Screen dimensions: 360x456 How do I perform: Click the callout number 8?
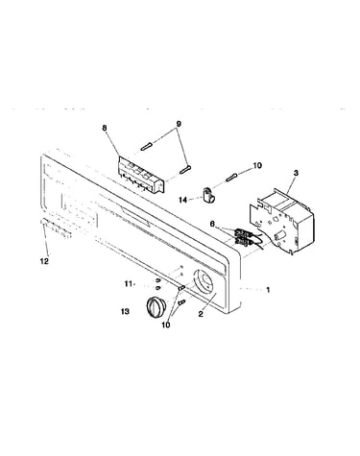(105, 128)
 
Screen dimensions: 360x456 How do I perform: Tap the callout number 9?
(179, 124)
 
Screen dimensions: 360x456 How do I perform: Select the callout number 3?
(296, 173)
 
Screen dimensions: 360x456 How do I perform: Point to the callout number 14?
(182, 200)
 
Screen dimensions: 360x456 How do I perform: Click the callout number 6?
(212, 224)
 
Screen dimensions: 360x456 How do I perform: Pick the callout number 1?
(268, 290)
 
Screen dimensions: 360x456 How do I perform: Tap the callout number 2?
(201, 314)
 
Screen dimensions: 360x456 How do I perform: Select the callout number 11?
(129, 283)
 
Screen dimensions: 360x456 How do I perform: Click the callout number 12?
(44, 261)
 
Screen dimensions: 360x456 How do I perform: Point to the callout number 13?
(125, 311)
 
